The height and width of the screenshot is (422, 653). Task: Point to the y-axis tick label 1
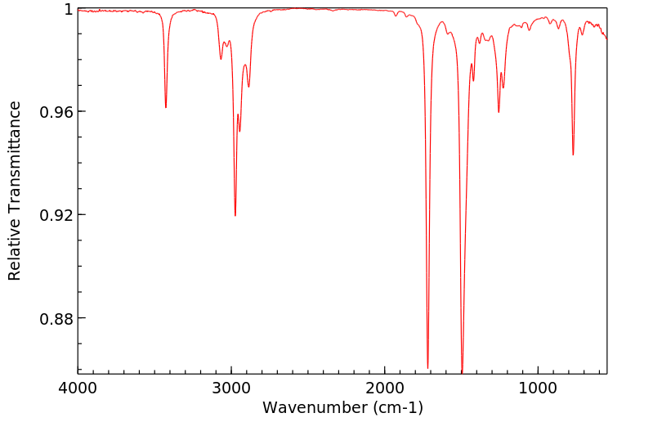(69, 9)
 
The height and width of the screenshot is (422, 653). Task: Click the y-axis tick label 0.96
(56, 111)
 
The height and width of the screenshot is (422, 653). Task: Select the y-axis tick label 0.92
(56, 214)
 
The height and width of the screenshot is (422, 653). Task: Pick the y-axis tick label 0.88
(56, 317)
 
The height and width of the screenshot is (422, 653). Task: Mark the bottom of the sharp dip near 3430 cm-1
(166, 107)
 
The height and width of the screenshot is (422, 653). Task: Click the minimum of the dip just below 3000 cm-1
(235, 215)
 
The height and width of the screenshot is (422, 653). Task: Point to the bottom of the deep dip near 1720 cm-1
(427, 367)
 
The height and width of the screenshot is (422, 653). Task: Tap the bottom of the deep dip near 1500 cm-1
(462, 371)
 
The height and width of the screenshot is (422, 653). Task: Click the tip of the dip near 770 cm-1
(573, 155)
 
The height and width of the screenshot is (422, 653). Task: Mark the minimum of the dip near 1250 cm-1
(499, 112)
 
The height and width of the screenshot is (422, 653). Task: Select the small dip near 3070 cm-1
(221, 59)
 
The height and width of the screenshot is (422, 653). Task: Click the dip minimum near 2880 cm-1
(248, 87)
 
